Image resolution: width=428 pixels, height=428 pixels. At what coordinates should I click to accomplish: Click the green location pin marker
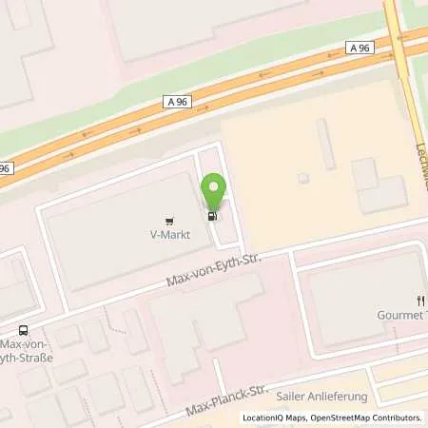[214, 190]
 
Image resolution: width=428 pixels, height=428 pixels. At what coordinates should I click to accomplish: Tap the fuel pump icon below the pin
[211, 215]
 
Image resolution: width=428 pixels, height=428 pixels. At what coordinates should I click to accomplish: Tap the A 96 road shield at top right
[359, 47]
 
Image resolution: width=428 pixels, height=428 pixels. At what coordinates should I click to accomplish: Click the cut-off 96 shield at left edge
[5, 168]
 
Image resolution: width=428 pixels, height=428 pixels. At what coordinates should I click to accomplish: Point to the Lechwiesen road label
[422, 157]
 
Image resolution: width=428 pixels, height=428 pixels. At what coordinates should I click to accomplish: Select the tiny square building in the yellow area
[303, 177]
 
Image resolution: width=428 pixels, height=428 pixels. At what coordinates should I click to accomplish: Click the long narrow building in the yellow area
[326, 143]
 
